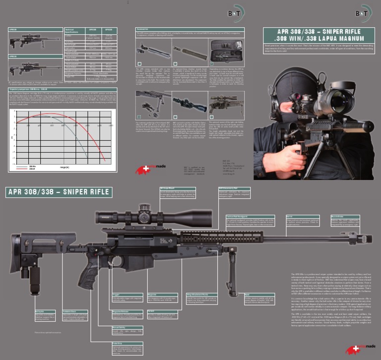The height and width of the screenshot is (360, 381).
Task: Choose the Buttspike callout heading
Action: tap(41, 311)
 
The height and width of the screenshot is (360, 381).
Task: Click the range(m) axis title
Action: tap(65, 168)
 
